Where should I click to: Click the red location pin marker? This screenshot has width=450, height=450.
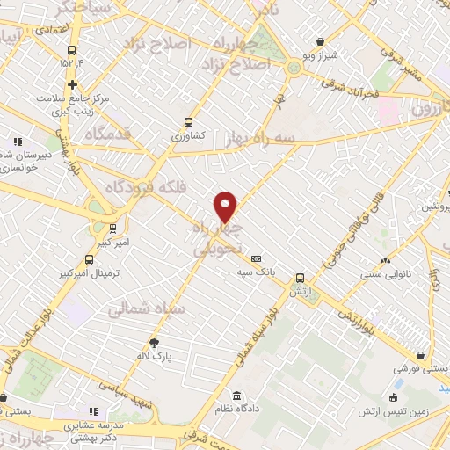225,207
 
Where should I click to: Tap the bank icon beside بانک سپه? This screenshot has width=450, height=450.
256,258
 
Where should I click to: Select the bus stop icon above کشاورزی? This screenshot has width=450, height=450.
187,123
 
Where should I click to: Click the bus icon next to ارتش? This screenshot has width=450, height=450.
300,278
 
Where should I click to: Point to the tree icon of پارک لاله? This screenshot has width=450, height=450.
155,342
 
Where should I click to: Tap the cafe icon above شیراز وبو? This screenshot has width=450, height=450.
320,41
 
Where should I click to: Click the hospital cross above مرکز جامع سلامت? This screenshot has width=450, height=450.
72,84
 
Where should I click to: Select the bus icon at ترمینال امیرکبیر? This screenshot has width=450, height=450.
89,259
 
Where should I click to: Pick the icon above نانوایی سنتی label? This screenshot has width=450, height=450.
384,260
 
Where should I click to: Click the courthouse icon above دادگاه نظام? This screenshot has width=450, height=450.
236,395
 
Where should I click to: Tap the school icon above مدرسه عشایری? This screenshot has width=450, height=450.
94,410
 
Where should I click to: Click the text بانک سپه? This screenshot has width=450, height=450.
256,272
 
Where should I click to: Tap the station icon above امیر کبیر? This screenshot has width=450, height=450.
112,228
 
